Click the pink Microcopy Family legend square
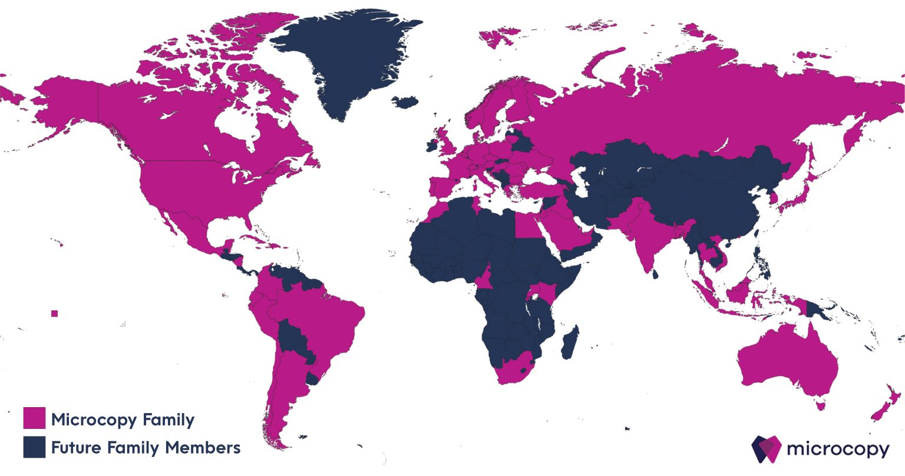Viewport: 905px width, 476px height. point(34,418)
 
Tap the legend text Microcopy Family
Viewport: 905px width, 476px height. point(123,420)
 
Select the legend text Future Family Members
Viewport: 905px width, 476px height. point(146,448)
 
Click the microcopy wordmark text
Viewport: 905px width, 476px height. point(837,450)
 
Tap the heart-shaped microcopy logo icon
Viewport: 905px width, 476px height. point(766,448)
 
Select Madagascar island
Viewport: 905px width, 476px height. point(570,344)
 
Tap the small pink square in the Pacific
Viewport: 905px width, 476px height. point(55,314)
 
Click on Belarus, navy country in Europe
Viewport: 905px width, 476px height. point(519,142)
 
